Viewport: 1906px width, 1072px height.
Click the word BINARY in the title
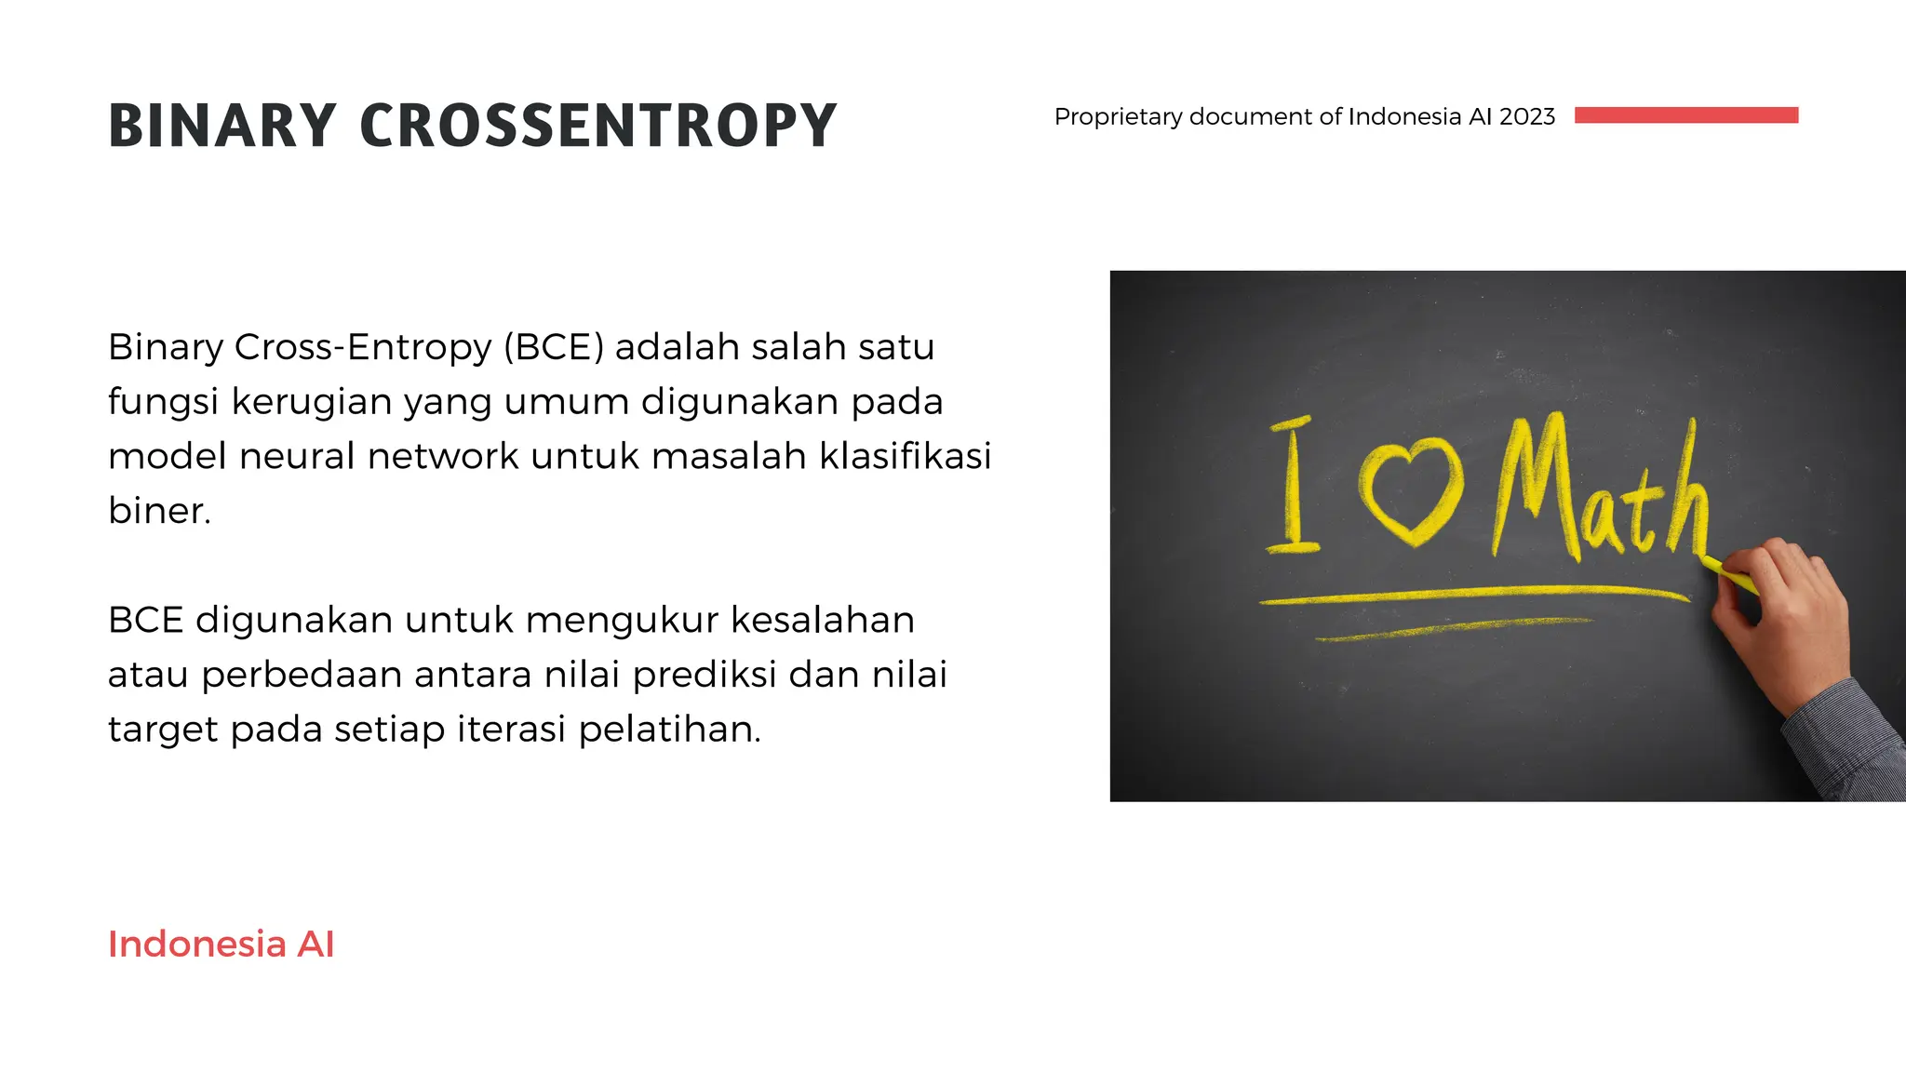221,126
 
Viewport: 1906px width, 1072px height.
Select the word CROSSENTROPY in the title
597,126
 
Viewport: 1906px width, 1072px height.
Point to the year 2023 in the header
1526,116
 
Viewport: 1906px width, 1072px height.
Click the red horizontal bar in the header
1685,115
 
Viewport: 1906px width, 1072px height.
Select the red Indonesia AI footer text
221,944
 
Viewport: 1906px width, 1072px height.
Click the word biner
158,511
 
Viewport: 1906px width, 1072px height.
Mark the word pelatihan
669,730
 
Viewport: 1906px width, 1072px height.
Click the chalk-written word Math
1601,493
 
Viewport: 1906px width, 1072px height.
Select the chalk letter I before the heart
1293,486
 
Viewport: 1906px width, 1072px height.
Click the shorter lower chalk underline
1452,629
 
